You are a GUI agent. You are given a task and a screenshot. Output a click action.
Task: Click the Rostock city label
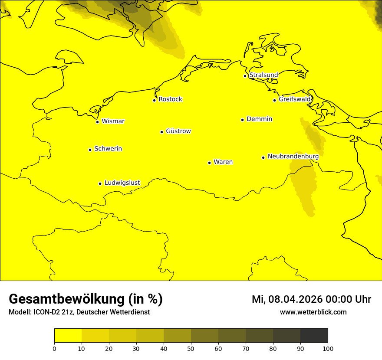(x=170, y=99)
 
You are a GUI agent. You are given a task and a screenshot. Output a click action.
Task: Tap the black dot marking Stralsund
(x=245, y=76)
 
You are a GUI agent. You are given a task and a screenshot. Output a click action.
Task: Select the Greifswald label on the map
(x=295, y=99)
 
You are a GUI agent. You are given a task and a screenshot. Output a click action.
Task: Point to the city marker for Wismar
(x=98, y=122)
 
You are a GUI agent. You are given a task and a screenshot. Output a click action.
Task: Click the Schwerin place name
(x=108, y=149)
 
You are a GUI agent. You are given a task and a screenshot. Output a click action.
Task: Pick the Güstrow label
(x=178, y=131)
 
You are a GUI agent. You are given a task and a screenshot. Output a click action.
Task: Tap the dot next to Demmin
(x=242, y=120)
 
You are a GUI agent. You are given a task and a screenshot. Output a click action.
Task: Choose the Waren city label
(x=223, y=162)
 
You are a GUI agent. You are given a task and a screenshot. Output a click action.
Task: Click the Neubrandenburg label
(x=293, y=156)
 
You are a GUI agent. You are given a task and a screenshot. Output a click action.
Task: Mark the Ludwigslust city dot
(x=100, y=183)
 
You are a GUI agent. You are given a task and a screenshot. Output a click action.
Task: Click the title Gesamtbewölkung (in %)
(x=86, y=299)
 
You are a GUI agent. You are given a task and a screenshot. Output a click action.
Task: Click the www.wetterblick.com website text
(x=313, y=312)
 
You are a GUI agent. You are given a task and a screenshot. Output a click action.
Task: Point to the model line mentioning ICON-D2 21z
(x=79, y=312)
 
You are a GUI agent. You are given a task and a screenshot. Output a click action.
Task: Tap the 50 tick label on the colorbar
(x=191, y=348)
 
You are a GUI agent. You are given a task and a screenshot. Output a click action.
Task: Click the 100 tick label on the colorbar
(x=328, y=348)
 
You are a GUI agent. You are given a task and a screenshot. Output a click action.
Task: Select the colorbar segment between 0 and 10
(x=68, y=335)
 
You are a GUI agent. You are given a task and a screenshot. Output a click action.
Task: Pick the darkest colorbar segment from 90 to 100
(x=314, y=335)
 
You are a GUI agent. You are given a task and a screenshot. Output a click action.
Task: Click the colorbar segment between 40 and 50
(x=177, y=335)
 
